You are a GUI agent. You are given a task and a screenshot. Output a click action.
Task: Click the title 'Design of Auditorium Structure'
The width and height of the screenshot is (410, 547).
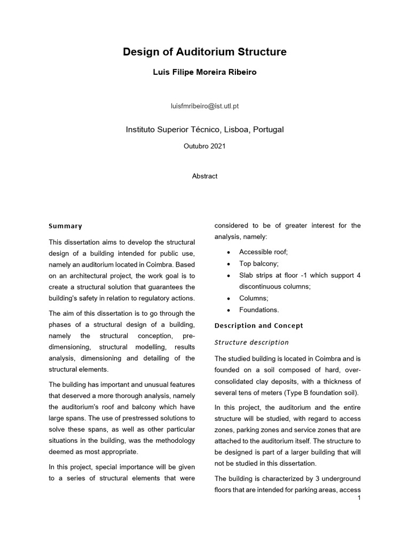[204, 52]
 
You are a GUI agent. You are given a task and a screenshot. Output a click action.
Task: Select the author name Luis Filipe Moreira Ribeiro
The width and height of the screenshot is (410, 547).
[204, 72]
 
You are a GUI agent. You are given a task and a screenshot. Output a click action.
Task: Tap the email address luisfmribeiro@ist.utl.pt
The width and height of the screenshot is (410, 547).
[204, 106]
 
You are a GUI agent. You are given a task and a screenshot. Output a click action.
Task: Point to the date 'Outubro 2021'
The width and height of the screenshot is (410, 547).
[204, 146]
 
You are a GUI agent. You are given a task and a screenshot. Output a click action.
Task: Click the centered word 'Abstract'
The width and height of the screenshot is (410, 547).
[204, 176]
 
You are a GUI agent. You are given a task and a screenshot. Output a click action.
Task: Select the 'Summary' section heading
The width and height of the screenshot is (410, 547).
[65, 226]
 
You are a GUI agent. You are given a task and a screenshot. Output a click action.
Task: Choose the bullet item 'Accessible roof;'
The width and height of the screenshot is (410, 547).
[263, 252]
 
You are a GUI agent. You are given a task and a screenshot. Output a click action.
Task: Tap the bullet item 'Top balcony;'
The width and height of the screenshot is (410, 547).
[258, 264]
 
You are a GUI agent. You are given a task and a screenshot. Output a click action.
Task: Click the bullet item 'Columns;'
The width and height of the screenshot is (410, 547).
[254, 298]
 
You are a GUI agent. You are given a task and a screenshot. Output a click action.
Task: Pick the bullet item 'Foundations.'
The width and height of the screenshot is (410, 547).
[259, 310]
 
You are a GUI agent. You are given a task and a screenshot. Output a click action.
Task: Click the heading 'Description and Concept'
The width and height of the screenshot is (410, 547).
[258, 325]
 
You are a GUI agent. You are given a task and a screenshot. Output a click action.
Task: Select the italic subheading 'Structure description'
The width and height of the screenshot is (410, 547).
[251, 342]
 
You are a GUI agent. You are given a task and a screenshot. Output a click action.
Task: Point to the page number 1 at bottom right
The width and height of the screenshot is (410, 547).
[359, 498]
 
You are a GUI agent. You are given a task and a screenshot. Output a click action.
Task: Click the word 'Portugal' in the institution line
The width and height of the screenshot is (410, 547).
[269, 129]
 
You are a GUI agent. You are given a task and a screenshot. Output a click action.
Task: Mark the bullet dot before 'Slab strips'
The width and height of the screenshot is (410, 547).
[228, 276]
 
